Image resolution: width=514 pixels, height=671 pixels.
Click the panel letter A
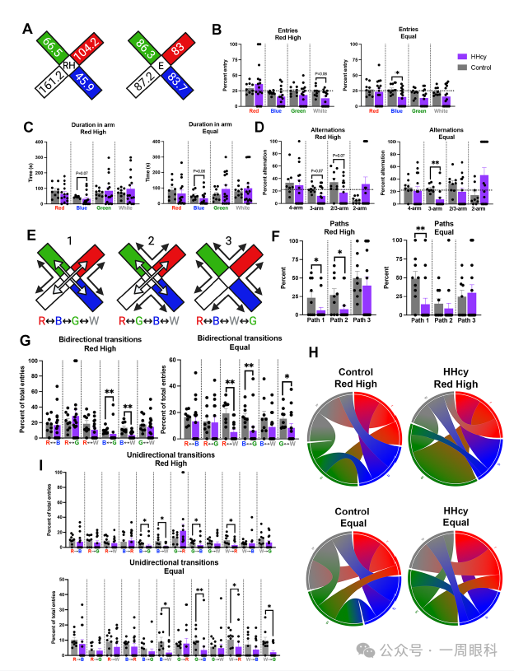(x=28, y=30)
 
